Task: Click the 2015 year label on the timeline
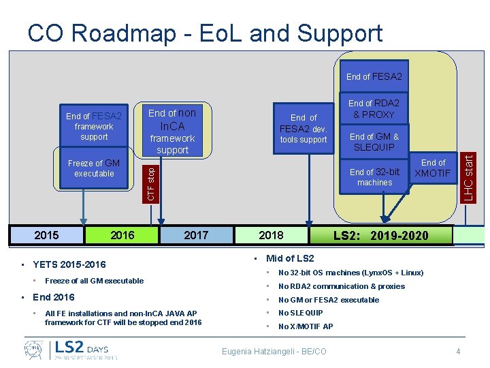tap(46, 235)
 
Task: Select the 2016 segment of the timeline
tap(122, 235)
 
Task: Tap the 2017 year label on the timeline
tap(196, 235)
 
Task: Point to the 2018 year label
tap(271, 235)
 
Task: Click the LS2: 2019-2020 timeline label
tap(381, 236)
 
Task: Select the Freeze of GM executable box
tap(94, 168)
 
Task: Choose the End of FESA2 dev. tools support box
tap(304, 128)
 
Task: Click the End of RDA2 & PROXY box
tap(374, 109)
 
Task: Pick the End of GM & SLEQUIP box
tap(374, 142)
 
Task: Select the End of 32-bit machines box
tap(374, 177)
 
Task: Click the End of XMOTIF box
tap(433, 168)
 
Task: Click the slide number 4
tap(458, 351)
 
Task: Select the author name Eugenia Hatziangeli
tap(274, 351)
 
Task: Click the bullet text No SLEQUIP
tap(300, 313)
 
